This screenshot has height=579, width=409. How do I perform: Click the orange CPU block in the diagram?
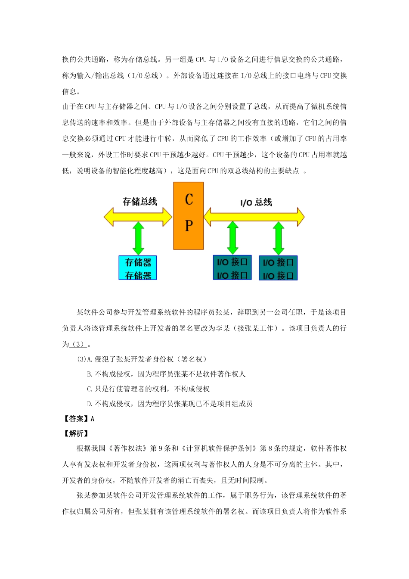pos(189,215)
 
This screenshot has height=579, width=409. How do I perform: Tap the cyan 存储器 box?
pos(138,268)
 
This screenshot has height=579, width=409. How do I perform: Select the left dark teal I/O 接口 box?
pos(232,268)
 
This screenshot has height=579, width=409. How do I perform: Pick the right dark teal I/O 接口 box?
pos(278,268)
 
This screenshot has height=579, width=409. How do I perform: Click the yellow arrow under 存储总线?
pos(138,217)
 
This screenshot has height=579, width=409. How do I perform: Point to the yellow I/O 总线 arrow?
pos(254,217)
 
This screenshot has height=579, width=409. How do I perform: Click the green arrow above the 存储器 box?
pos(138,238)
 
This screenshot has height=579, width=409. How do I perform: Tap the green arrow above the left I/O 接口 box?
pos(232,238)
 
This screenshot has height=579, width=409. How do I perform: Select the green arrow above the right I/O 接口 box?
pos(279,238)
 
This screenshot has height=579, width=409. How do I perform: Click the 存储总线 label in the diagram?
pos(139,202)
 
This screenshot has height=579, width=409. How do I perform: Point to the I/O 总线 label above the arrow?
pos(256,202)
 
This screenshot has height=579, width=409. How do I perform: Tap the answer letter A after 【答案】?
pos(93,419)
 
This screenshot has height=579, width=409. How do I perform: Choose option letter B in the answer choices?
pos(89,374)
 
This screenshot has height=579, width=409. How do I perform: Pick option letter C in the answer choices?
pos(89,389)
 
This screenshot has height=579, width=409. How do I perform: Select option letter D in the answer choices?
pos(89,404)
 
